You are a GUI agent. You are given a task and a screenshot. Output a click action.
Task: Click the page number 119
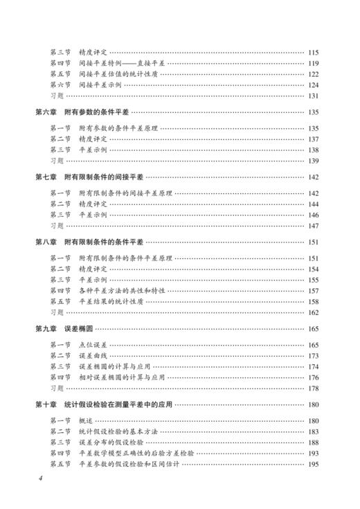[313, 63]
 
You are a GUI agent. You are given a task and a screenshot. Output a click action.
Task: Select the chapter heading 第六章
[46, 112]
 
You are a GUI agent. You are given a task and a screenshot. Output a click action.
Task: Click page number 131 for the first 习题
[313, 96]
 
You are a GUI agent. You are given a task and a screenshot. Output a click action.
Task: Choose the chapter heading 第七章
[46, 177]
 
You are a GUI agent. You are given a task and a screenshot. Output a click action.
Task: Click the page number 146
[313, 215]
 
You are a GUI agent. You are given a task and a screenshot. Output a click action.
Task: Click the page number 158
[313, 301]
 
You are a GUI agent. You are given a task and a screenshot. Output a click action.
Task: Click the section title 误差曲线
[91, 356]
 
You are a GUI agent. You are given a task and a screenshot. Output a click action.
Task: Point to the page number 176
[313, 377]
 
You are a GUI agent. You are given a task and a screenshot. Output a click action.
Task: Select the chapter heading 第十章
[46, 404]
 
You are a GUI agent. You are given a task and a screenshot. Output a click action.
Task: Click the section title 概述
[86, 421]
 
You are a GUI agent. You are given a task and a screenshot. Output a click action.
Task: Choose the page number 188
[313, 443]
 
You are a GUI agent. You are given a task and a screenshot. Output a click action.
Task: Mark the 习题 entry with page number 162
[57, 312]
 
